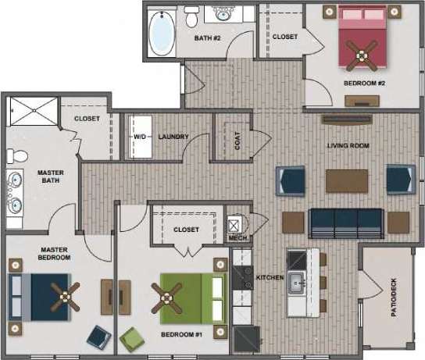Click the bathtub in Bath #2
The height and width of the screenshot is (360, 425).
pos(162,30)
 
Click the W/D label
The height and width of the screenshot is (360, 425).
pos(140,137)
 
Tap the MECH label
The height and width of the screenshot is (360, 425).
pos(236,237)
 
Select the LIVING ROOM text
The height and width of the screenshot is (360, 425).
pos(348,146)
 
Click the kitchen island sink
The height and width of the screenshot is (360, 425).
pos(296,281)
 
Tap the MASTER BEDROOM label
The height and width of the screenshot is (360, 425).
pos(55,253)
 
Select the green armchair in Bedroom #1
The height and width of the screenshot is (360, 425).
pos(134,338)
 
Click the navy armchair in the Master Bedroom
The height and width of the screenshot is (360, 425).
pos(98,336)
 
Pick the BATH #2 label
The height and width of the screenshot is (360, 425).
pos(208,37)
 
